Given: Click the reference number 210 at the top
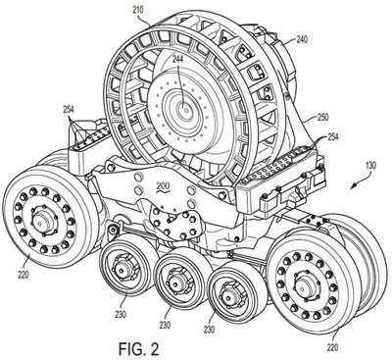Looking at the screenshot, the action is (138, 10).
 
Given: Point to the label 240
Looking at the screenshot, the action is (302, 39).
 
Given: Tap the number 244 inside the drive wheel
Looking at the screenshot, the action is (178, 59).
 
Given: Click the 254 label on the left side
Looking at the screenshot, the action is (69, 110).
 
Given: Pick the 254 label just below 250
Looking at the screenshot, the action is (332, 137).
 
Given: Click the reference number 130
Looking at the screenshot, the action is (370, 165).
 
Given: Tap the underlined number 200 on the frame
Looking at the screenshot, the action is (163, 186).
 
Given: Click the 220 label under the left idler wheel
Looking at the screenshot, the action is (23, 275).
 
